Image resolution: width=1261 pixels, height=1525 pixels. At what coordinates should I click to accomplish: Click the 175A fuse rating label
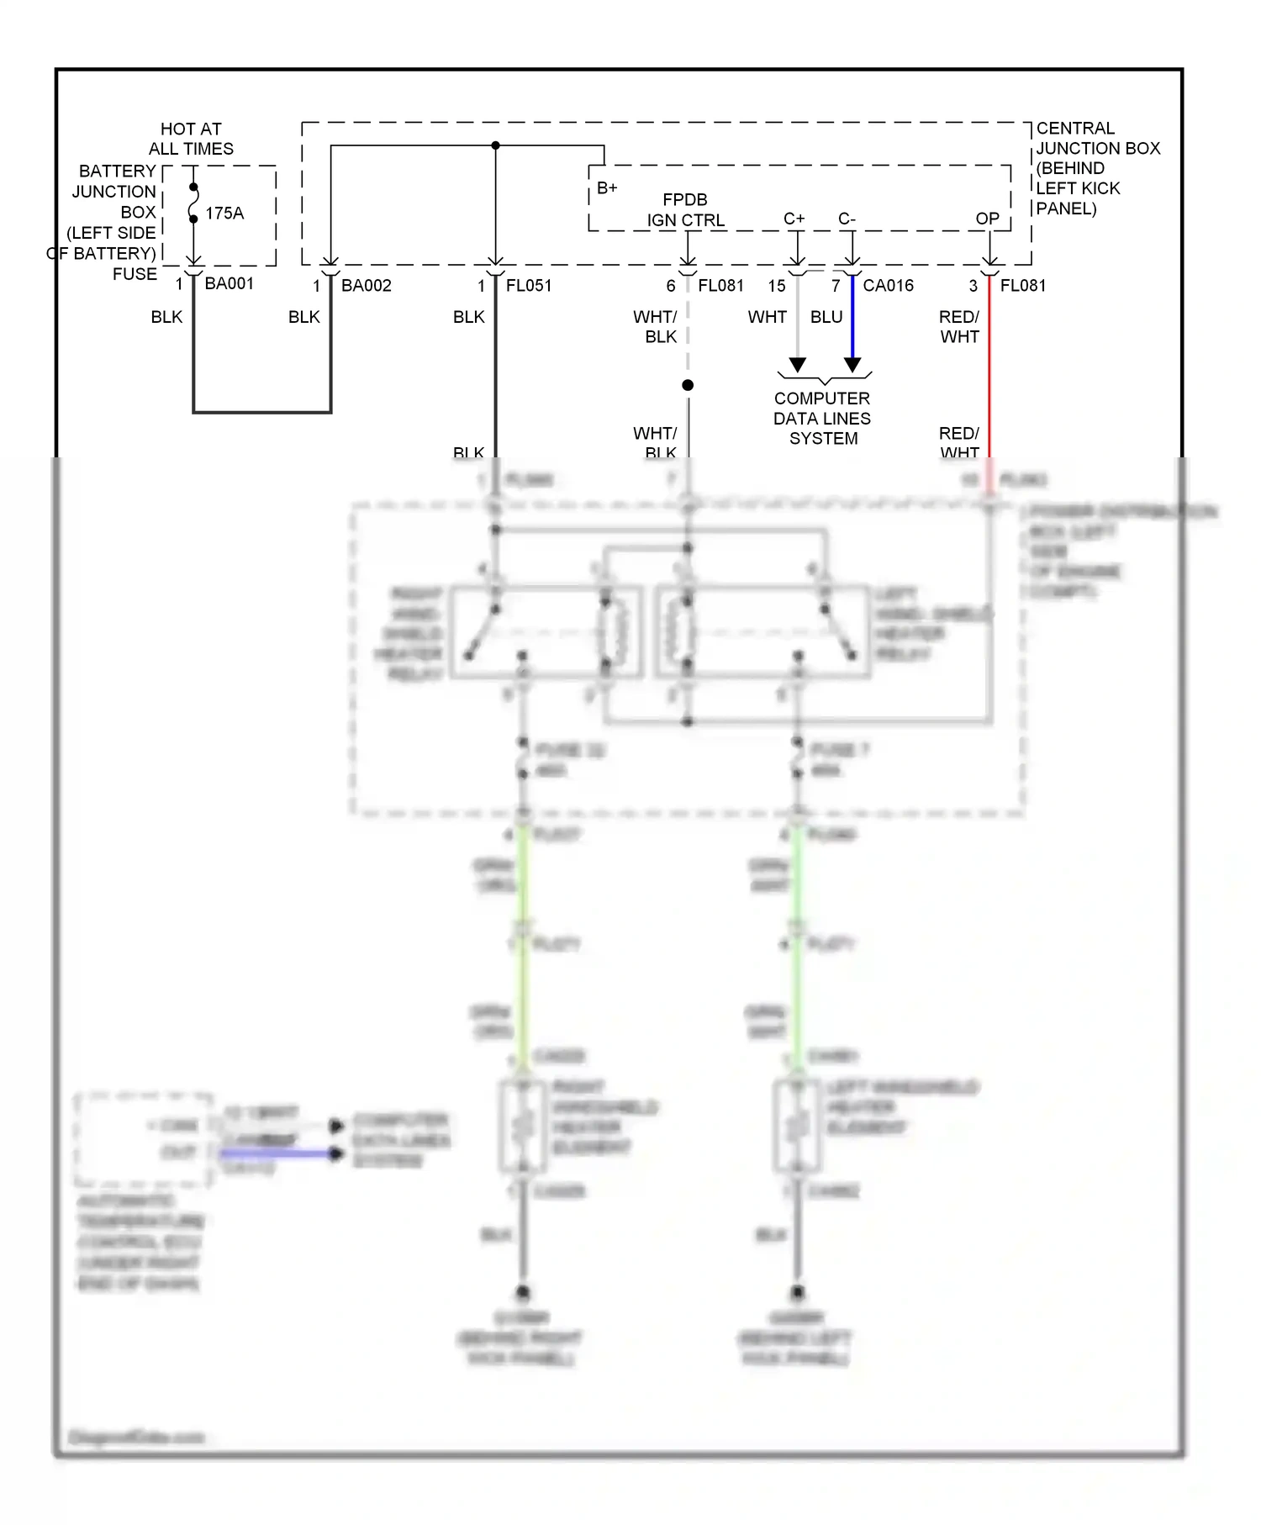[x=224, y=214]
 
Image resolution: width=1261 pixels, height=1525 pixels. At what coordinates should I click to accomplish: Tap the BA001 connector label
[x=229, y=284]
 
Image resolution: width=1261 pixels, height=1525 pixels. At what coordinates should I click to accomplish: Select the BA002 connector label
[x=367, y=286]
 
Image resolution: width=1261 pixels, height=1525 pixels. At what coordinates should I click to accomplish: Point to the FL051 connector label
[x=529, y=286]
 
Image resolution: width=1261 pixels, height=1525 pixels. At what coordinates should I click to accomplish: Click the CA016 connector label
[x=889, y=286]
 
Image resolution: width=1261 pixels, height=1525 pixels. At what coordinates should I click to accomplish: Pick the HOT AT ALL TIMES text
[x=191, y=139]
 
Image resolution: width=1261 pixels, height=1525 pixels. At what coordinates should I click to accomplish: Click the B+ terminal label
[x=607, y=188]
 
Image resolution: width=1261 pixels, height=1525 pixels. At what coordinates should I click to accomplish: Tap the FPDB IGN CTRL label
[x=685, y=210]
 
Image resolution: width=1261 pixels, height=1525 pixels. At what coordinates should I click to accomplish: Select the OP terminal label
[x=987, y=219]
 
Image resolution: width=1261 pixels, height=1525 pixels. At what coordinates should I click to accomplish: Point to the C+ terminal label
[x=794, y=219]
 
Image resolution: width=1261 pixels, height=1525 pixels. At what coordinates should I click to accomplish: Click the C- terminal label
[x=847, y=219]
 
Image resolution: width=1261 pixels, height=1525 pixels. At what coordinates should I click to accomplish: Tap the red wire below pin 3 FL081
[x=989, y=370]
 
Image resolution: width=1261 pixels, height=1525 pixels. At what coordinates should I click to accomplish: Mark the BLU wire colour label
[x=826, y=317]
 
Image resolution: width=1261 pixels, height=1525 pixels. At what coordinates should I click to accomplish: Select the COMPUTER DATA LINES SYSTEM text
[x=822, y=419]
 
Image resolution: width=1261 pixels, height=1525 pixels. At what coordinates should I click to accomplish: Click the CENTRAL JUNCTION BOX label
[x=1097, y=168]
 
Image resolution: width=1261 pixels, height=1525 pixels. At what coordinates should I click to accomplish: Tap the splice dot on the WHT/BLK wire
[x=688, y=385]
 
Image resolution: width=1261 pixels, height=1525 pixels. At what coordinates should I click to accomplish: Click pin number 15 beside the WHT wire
[x=777, y=286]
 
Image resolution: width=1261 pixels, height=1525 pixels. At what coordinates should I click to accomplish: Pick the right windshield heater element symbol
[x=523, y=1127]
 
